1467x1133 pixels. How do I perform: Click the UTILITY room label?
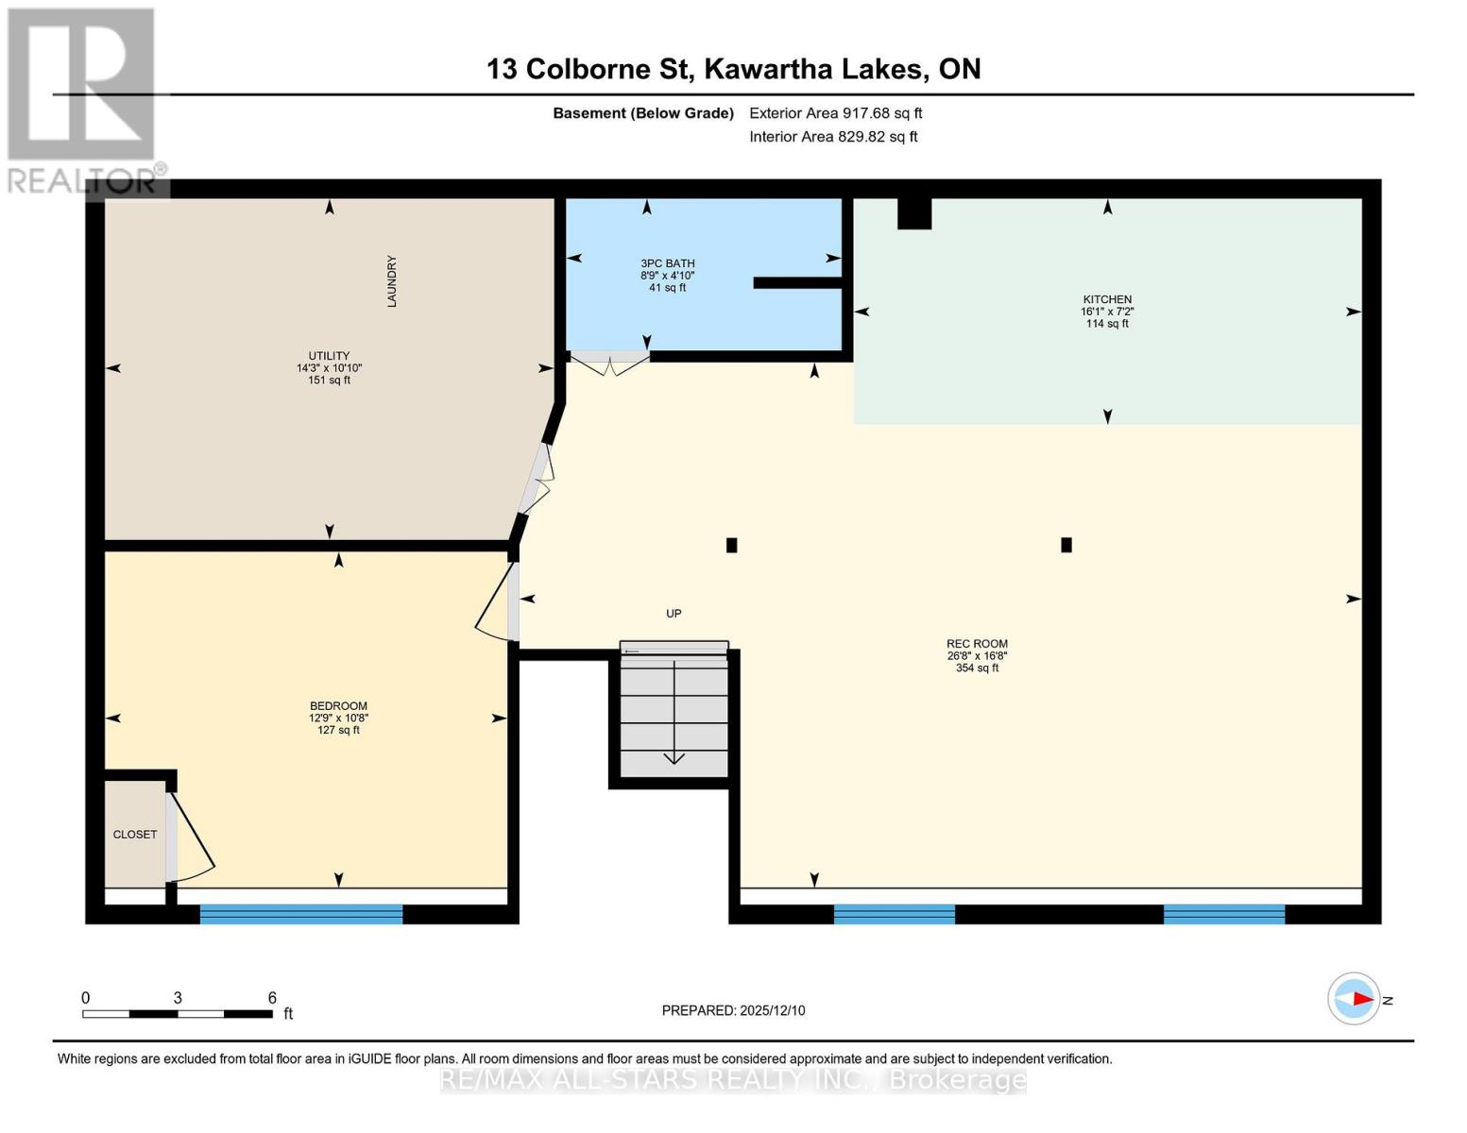(x=329, y=356)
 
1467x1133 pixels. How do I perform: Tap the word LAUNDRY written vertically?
(x=392, y=281)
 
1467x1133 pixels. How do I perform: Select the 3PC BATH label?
(x=667, y=263)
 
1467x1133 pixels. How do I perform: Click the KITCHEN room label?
(x=1107, y=299)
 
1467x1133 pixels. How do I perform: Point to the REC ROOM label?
(x=977, y=644)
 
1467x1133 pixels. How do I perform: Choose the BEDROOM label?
(x=338, y=706)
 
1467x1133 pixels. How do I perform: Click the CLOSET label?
(x=135, y=835)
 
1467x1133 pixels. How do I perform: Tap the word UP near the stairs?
(x=674, y=614)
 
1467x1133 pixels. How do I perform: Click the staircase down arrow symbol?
(x=674, y=757)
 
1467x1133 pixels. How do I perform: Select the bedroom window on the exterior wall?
(x=301, y=913)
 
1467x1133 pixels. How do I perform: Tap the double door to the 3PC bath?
(x=609, y=363)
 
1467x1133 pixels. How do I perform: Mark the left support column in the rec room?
(x=731, y=545)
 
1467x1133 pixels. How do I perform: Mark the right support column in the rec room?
(x=1066, y=545)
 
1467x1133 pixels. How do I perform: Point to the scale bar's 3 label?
(x=178, y=998)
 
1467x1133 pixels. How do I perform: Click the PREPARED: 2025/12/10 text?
(x=733, y=1010)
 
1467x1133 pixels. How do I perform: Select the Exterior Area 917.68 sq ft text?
(x=835, y=113)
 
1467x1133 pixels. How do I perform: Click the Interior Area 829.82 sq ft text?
(x=833, y=137)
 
